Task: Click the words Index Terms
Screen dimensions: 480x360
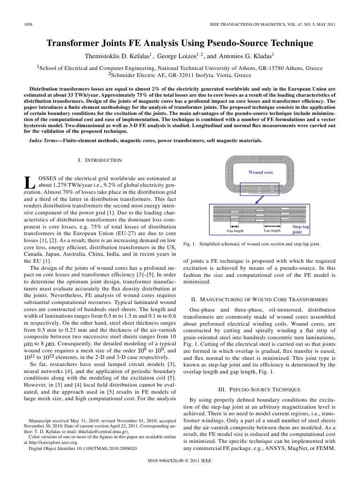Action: [x=43, y=140]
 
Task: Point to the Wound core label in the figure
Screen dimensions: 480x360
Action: [x=260, y=172]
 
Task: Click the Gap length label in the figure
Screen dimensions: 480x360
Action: [x=235, y=230]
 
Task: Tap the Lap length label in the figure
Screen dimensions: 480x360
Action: [x=272, y=230]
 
